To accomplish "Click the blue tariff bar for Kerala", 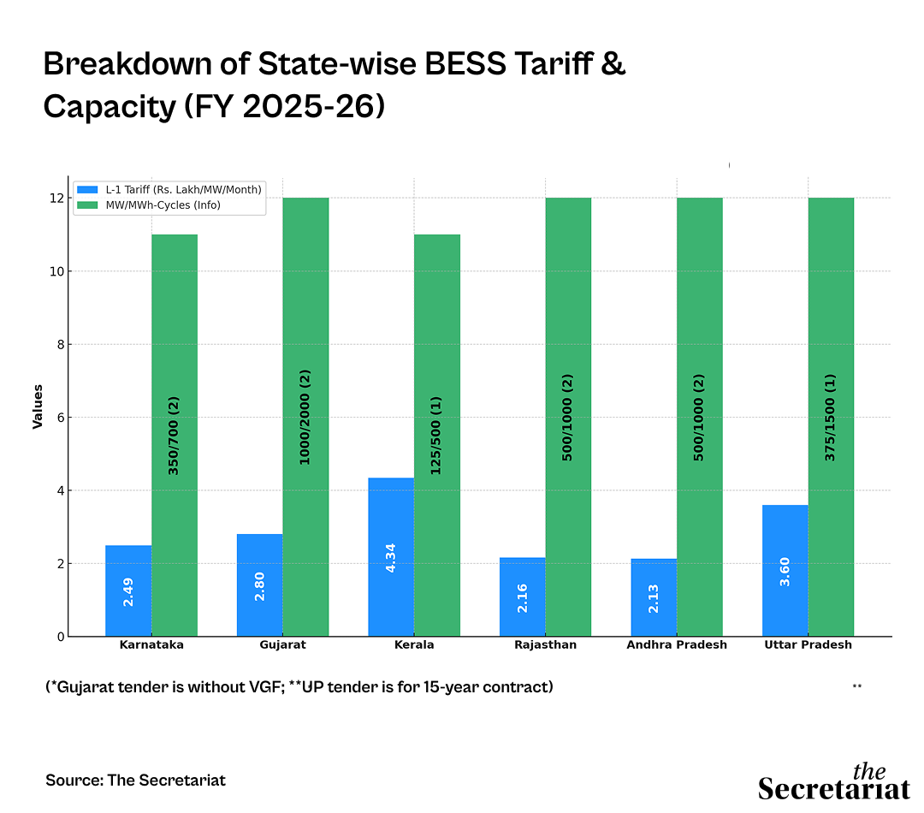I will pos(391,557).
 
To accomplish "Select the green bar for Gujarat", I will pos(305,417).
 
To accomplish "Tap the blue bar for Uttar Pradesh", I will pos(785,571).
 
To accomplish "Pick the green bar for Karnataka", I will pos(175,435).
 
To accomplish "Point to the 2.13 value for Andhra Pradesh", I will pos(654,599).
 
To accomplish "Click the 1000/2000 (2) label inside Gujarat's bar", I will pos(305,417).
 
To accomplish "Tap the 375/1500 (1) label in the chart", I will pos(831,417).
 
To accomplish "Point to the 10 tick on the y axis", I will pos(55,271).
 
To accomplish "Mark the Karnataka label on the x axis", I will pos(151,645).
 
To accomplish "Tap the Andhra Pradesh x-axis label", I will pos(677,645).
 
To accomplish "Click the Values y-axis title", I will pos(38,406).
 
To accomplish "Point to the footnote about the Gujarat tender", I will pos(299,687).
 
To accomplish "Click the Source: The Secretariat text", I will pos(135,780).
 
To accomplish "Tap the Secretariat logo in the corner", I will pos(833,781).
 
